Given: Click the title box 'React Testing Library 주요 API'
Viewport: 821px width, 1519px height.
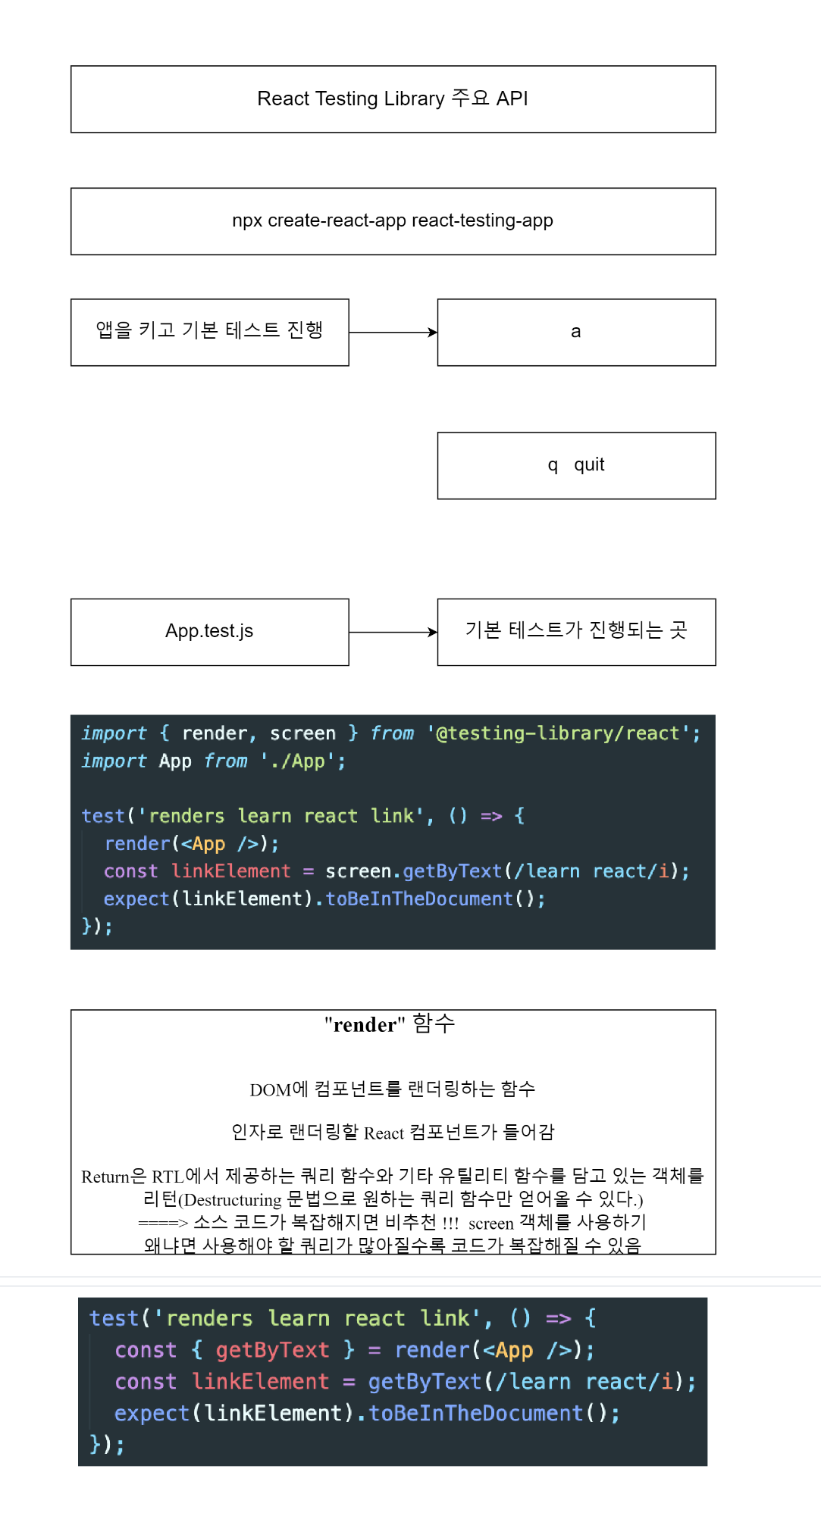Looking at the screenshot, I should click(x=393, y=99).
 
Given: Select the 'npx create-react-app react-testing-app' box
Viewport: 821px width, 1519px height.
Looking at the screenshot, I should click(x=393, y=221).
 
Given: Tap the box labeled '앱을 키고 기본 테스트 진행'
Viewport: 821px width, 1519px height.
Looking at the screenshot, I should click(x=209, y=332).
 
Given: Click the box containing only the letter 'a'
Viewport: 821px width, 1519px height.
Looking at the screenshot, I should click(x=576, y=332).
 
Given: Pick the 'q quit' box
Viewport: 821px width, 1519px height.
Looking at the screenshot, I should click(x=576, y=465).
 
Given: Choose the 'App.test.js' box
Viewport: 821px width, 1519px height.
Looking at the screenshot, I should click(x=209, y=632).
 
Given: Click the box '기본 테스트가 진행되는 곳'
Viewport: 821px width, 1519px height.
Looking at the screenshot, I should click(x=576, y=632).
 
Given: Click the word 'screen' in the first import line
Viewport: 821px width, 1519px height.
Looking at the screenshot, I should click(x=302, y=733).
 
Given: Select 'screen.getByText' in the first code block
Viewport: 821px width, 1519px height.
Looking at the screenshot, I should click(x=413, y=871).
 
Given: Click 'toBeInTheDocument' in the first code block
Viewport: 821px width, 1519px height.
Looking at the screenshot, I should click(x=419, y=899).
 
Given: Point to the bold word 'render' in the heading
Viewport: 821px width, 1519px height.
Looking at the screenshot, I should click(x=365, y=1025).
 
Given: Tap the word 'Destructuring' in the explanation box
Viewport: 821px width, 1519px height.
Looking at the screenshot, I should click(x=232, y=1200).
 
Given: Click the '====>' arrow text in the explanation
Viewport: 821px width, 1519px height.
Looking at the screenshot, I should click(x=162, y=1223).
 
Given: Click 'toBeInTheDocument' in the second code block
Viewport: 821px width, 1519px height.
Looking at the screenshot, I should click(x=475, y=1414).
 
